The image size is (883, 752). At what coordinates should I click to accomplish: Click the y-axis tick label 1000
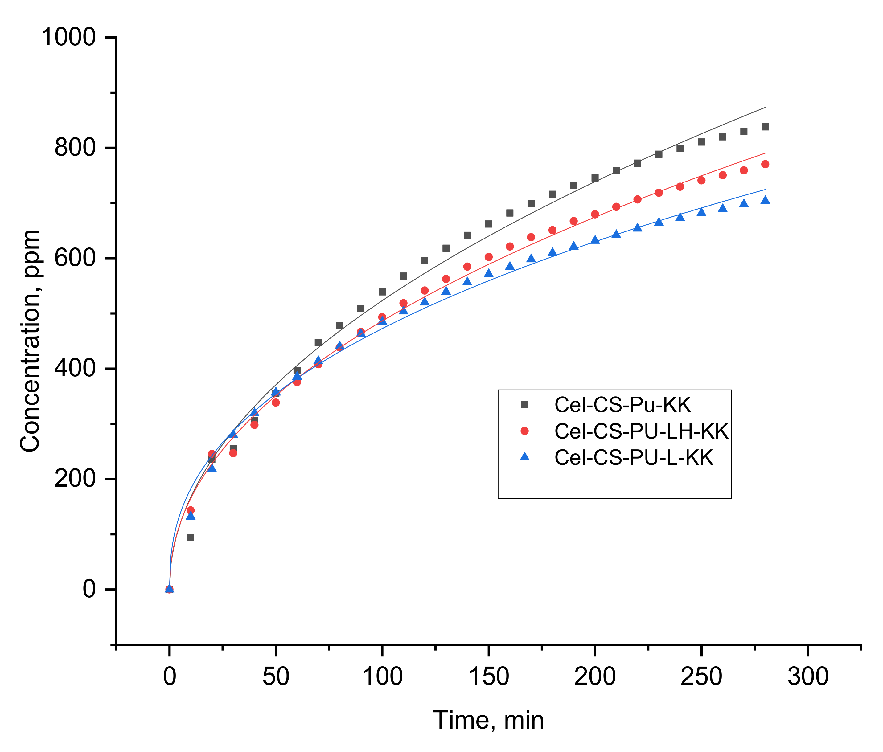click(x=68, y=38)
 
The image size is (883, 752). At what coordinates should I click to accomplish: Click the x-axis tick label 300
click(x=807, y=676)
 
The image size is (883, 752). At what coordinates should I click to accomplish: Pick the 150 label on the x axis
click(x=488, y=676)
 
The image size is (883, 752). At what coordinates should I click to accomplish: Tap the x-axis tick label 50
click(x=276, y=676)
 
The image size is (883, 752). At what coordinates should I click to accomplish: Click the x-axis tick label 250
click(x=701, y=676)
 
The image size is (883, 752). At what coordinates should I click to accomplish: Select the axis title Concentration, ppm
click(x=30, y=341)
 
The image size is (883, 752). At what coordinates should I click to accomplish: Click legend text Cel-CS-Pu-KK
click(x=622, y=405)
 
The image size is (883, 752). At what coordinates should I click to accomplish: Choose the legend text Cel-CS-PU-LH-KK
click(x=641, y=431)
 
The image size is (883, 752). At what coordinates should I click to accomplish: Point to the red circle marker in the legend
click(x=525, y=431)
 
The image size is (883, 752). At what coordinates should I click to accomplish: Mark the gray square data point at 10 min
click(x=191, y=538)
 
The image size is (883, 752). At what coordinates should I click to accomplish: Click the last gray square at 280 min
click(x=765, y=127)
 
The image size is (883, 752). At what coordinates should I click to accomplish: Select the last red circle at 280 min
click(x=765, y=164)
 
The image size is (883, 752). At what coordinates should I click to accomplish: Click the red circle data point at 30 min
click(x=233, y=453)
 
